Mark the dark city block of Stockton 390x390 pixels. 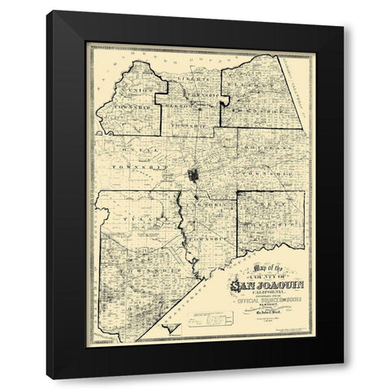point(195,176)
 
